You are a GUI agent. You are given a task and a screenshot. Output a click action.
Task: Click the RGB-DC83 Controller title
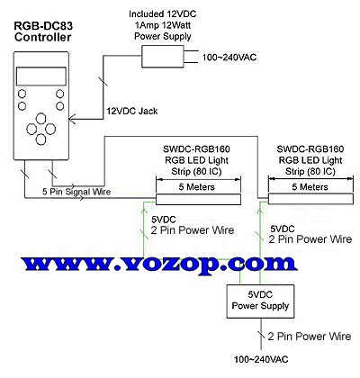click(43, 31)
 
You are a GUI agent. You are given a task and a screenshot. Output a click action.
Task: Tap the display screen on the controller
click(41, 76)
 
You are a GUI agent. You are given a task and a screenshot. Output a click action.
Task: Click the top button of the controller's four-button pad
click(40, 118)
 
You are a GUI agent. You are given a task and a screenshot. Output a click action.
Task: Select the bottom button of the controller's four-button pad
click(40, 139)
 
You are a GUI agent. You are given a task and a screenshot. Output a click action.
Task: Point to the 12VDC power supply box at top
click(163, 57)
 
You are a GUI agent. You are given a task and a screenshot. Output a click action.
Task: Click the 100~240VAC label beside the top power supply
click(229, 58)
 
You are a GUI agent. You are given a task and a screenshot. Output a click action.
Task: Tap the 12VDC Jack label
click(132, 112)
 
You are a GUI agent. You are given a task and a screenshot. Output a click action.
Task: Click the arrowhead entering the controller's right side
click(72, 120)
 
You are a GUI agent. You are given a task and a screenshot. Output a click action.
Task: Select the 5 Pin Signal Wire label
click(76, 192)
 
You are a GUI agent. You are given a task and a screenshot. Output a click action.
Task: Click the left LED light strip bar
click(198, 200)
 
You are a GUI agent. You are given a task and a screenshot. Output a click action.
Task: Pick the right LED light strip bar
click(310, 199)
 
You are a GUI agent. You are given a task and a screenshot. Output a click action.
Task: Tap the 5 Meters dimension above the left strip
click(197, 187)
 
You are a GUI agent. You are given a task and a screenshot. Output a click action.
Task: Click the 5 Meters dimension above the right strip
click(310, 187)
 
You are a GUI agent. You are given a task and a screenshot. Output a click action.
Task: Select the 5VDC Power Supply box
click(260, 301)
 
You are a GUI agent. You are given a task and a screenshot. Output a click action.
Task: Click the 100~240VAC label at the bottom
click(261, 359)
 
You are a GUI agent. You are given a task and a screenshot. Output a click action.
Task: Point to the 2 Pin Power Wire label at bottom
click(310, 337)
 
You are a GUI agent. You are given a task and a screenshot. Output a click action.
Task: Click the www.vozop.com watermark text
click(159, 265)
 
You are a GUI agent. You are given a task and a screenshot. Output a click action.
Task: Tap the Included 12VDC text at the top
click(163, 14)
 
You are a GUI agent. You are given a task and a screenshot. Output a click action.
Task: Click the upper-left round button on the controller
click(22, 94)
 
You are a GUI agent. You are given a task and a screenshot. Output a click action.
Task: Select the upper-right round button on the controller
click(60, 94)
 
